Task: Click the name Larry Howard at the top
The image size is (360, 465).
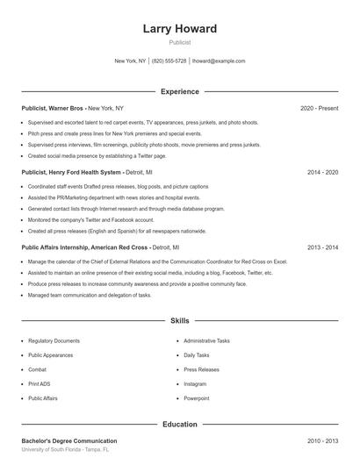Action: pyautogui.click(x=180, y=29)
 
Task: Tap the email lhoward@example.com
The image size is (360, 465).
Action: pyautogui.click(x=219, y=61)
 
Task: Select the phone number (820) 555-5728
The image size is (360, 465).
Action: pyautogui.click(x=169, y=61)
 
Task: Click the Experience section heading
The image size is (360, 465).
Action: pyautogui.click(x=180, y=91)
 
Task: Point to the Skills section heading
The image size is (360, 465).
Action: pyautogui.click(x=180, y=322)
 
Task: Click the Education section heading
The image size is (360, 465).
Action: pyautogui.click(x=180, y=425)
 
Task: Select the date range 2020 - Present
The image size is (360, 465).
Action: pyautogui.click(x=319, y=108)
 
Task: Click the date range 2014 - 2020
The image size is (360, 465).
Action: pyautogui.click(x=322, y=173)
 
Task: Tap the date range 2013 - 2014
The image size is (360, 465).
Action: pyautogui.click(x=322, y=247)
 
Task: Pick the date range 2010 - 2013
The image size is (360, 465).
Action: pyautogui.click(x=322, y=440)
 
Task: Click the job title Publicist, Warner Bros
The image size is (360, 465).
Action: pyautogui.click(x=53, y=108)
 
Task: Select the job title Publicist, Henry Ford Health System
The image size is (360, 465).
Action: pyautogui.click(x=72, y=173)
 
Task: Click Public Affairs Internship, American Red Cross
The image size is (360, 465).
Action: pyautogui.click(x=85, y=247)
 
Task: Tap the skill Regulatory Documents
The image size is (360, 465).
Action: pyautogui.click(x=54, y=340)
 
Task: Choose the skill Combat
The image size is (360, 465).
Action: pyautogui.click(x=38, y=369)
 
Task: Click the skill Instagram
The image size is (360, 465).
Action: pyautogui.click(x=195, y=383)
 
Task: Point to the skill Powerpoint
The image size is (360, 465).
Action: pyautogui.click(x=196, y=398)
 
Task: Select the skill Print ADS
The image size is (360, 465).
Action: pyautogui.click(x=40, y=383)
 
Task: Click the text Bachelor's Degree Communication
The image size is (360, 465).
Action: pyautogui.click(x=68, y=440)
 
